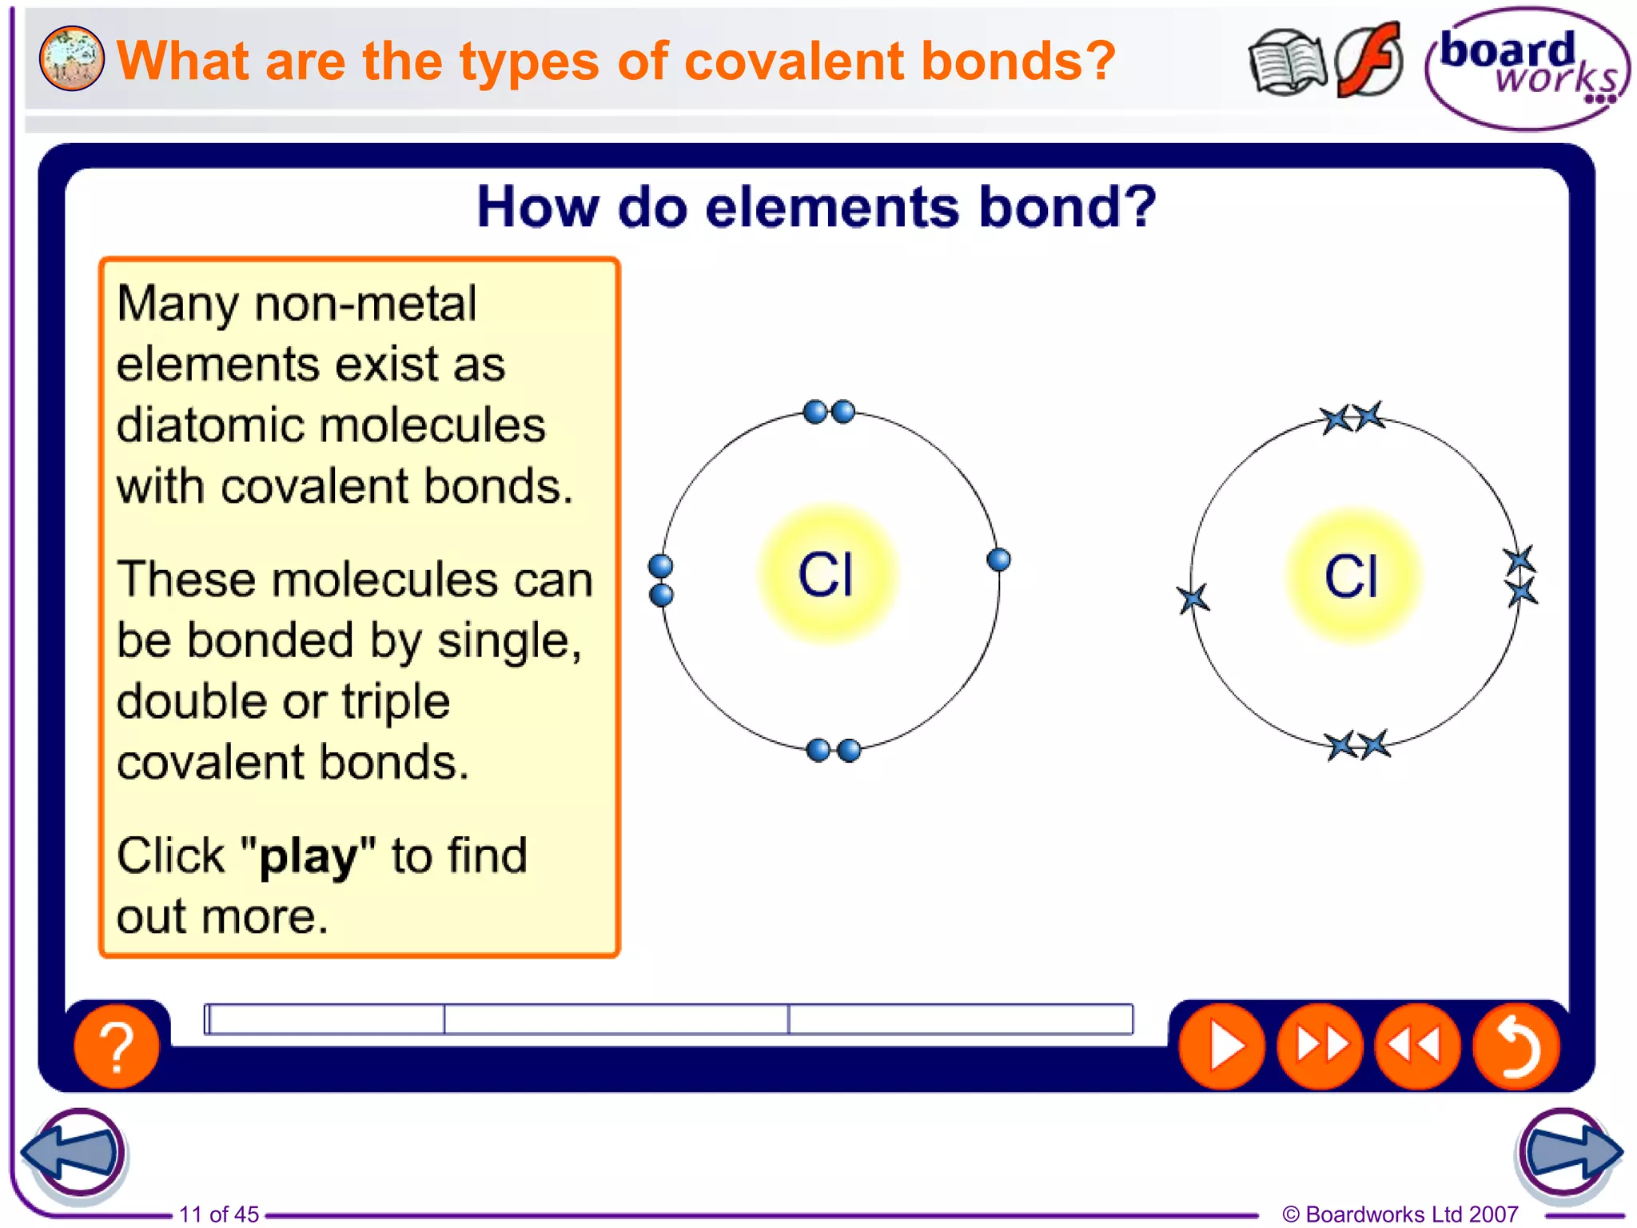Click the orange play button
pyautogui.click(x=1221, y=1046)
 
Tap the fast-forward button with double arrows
pyautogui.click(x=1320, y=1046)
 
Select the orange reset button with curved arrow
pyautogui.click(x=1516, y=1046)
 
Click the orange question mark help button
pyautogui.click(x=117, y=1046)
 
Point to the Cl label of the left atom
pyautogui.click(x=826, y=575)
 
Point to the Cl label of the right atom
pyautogui.click(x=1351, y=576)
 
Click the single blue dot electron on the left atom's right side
pyautogui.click(x=998, y=560)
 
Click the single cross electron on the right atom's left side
pyautogui.click(x=1193, y=598)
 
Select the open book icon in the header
pyautogui.click(x=1286, y=62)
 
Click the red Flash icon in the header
pyautogui.click(x=1369, y=60)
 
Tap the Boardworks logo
pyautogui.click(x=1527, y=68)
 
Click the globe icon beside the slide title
pyautogui.click(x=71, y=58)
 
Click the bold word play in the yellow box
pyautogui.click(x=308, y=856)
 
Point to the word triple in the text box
pyautogui.click(x=396, y=701)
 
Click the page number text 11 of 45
pyautogui.click(x=219, y=1214)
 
